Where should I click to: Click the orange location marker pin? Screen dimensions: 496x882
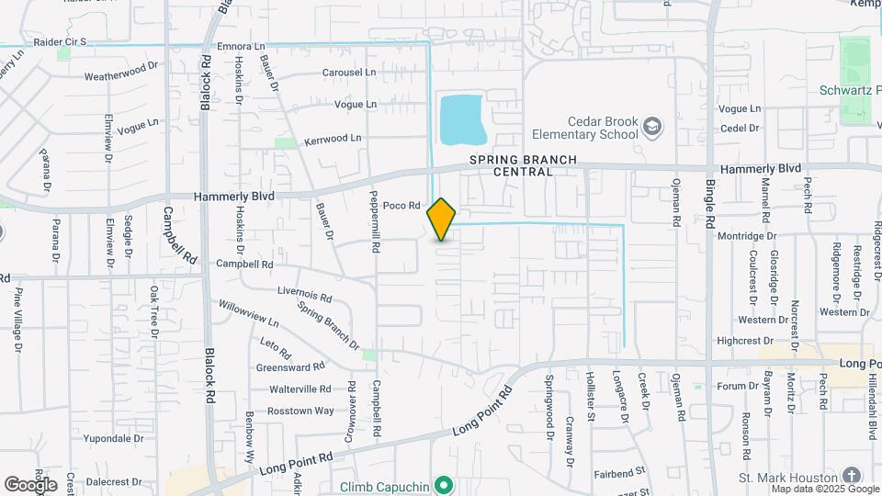pos(442,219)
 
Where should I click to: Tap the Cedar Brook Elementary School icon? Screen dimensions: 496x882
pos(652,126)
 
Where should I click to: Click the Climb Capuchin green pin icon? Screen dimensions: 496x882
pos(444,483)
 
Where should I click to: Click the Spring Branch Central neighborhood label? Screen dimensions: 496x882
pos(524,165)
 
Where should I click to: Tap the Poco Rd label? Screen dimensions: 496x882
pos(401,206)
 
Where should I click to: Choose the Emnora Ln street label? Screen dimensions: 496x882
pos(241,46)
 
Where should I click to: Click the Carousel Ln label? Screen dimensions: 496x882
pos(349,72)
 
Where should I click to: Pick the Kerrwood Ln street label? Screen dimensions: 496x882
pos(333,139)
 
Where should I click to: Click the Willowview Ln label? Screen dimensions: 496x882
pos(248,313)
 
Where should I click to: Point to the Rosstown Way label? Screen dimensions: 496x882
pos(300,411)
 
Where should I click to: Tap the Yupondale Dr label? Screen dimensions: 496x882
pos(114,439)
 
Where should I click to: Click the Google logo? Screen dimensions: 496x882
pos(30,484)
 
